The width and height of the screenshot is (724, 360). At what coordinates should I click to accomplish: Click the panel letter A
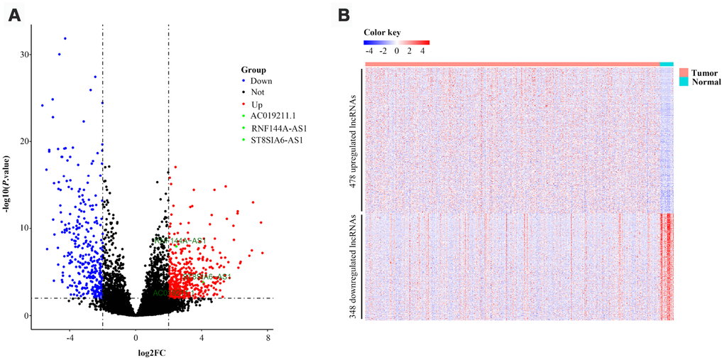tap(13, 15)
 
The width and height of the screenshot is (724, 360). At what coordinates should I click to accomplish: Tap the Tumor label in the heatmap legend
tap(703, 72)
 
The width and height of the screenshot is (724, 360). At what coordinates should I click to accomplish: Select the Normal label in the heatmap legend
tap(706, 82)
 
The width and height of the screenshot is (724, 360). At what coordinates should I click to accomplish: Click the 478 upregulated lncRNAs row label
tap(353, 138)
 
